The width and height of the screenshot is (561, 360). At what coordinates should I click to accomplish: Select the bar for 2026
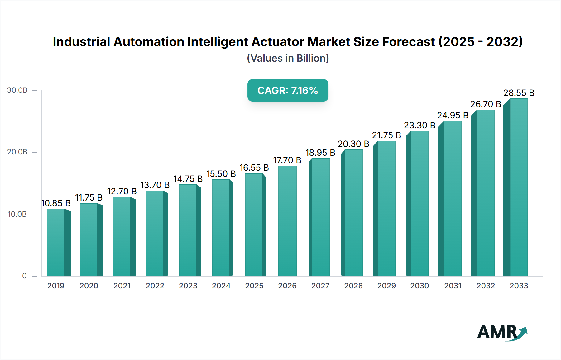(287, 221)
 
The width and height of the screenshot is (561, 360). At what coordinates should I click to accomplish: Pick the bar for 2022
(155, 233)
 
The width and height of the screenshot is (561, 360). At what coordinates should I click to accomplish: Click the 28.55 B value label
(519, 93)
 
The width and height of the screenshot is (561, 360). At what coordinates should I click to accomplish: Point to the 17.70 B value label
(287, 160)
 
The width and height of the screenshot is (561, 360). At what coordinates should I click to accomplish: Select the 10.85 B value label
(56, 203)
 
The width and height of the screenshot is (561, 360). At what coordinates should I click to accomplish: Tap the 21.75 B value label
(386, 135)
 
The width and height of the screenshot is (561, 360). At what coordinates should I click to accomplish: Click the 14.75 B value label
(188, 179)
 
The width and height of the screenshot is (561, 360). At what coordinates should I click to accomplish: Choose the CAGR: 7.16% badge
(288, 90)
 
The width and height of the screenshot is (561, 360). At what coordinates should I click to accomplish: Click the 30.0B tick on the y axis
(17, 90)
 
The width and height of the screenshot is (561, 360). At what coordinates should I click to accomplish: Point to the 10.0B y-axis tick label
(17, 214)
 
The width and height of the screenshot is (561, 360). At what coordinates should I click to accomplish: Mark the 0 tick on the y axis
(24, 276)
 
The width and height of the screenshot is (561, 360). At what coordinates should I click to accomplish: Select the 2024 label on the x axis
(221, 286)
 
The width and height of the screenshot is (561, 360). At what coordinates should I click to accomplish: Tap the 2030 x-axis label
(420, 286)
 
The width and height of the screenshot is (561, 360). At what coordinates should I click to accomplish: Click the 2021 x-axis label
(122, 286)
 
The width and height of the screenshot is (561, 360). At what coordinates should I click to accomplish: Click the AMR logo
(502, 332)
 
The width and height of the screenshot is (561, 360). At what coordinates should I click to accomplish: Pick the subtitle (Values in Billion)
(288, 58)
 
